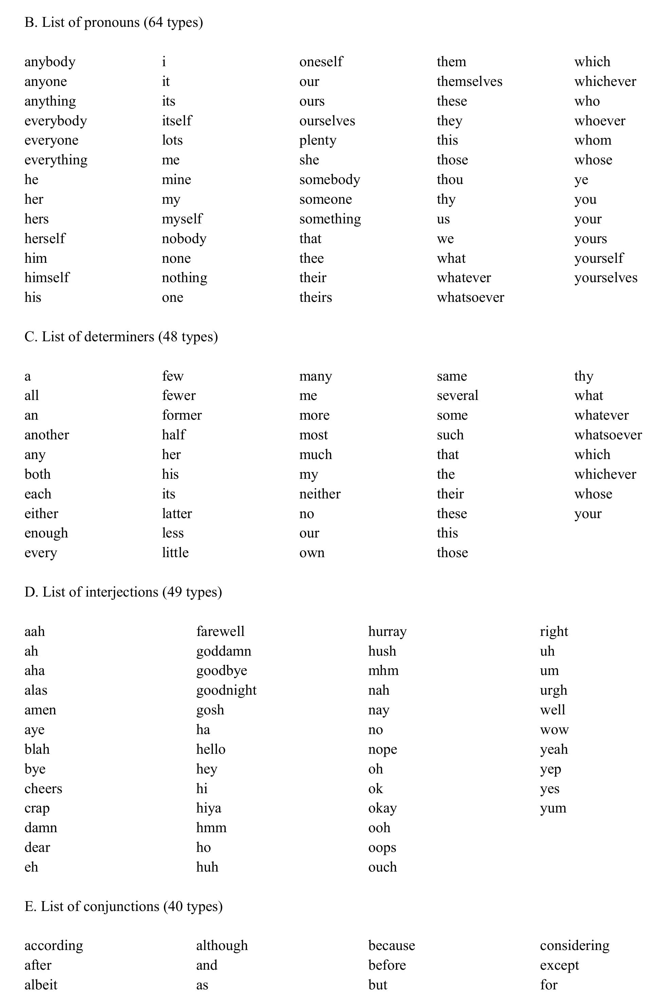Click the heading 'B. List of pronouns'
(113, 22)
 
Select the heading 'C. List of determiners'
(121, 336)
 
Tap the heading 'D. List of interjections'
(123, 592)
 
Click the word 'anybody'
(50, 62)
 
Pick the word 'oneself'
(321, 62)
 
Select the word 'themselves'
(469, 81)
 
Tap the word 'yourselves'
(606, 278)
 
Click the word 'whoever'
(600, 121)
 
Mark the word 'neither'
(320, 494)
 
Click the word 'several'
(458, 395)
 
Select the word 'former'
(182, 415)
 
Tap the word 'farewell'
(220, 632)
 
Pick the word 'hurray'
(387, 632)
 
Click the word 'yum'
(553, 808)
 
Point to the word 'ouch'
(382, 867)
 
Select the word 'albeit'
(41, 985)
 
